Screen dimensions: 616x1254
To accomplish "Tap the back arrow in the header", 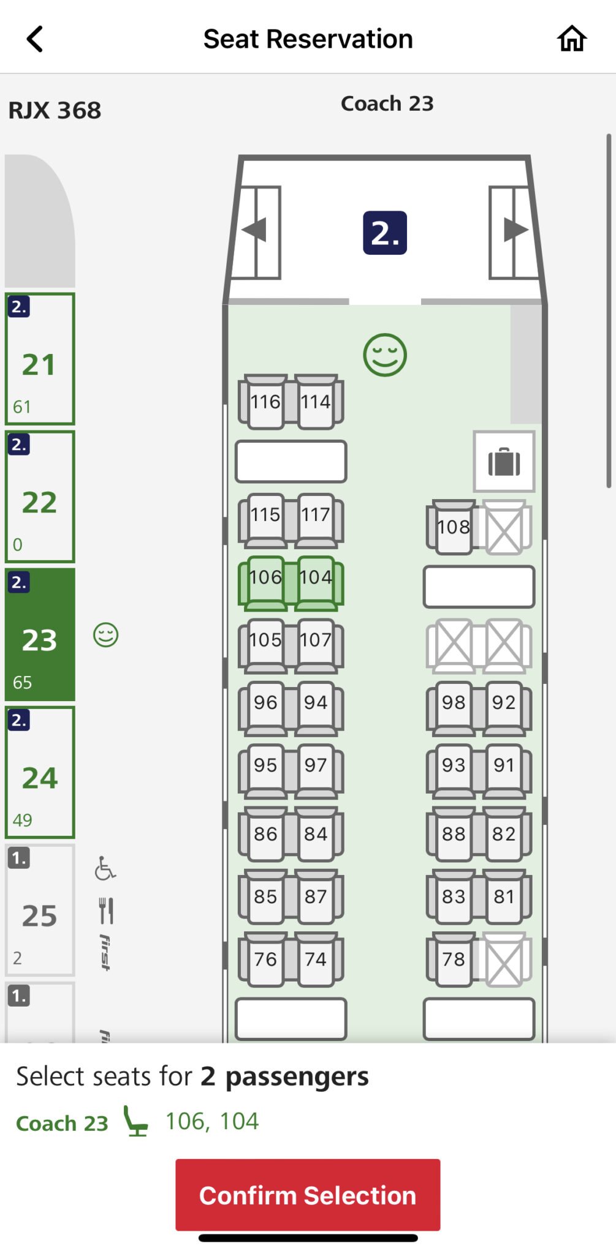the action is (35, 39).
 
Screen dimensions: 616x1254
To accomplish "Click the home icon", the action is (571, 39).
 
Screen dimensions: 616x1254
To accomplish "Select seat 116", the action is (265, 401).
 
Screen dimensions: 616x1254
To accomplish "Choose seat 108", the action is (454, 527).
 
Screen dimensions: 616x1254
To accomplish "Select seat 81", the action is (504, 896).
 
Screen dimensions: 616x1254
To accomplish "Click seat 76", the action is (265, 959).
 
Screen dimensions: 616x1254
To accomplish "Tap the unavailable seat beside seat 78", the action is (505, 959).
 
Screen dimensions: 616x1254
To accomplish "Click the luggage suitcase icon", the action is (504, 462).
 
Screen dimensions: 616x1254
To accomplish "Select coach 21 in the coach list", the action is (40, 359).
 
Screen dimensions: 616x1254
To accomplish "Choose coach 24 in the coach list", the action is (40, 772).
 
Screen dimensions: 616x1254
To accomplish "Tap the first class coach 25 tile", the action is (40, 910).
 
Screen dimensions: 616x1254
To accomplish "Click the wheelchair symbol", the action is (105, 868).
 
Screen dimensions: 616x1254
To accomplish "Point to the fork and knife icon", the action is (106, 910).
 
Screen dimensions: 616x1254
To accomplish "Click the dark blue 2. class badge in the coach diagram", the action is (385, 233).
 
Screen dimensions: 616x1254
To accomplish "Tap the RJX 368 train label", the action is (55, 110).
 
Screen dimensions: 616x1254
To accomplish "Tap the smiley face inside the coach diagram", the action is (385, 355).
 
